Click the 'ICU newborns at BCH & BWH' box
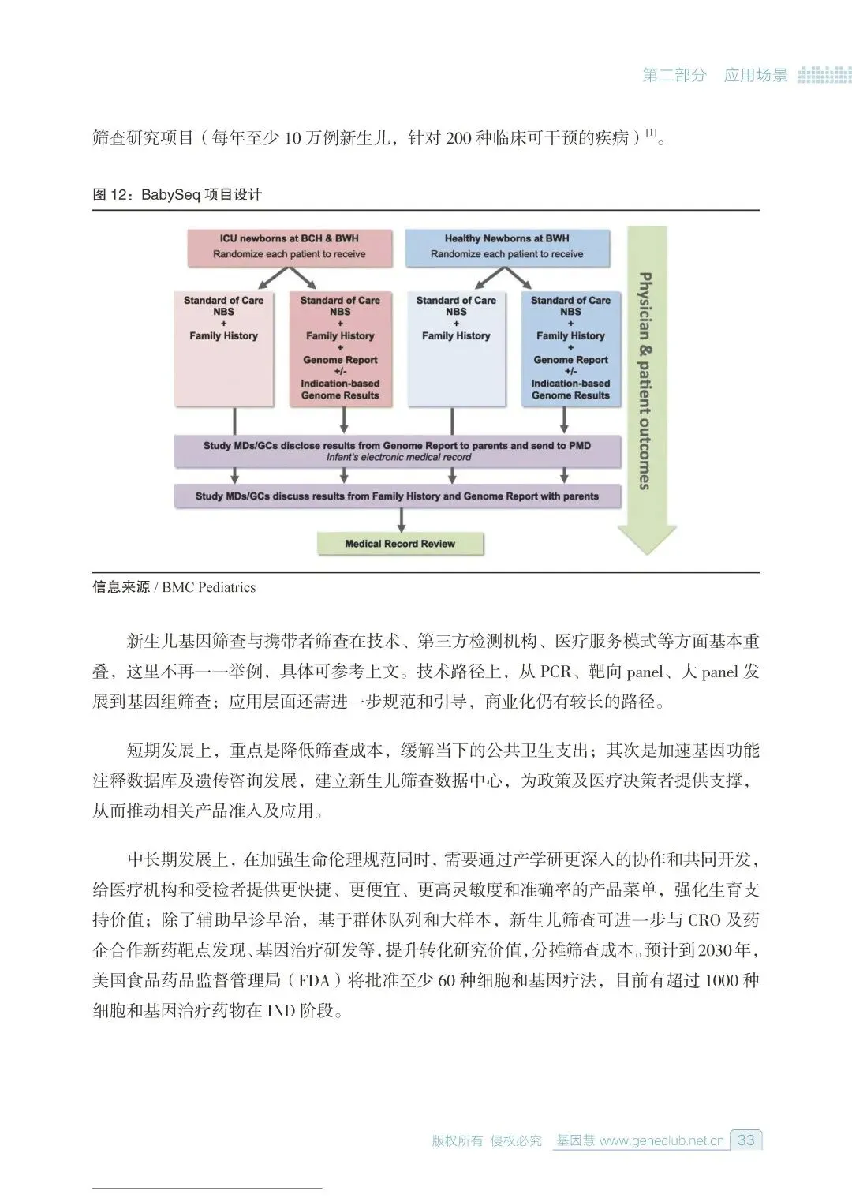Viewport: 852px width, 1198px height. [290, 246]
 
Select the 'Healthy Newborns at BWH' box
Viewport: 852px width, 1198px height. [507, 246]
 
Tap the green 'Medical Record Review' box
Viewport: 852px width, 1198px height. [400, 544]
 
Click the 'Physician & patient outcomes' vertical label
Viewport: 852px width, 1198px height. [645, 380]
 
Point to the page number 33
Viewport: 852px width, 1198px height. [745, 1140]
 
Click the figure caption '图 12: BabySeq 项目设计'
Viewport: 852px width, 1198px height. [177, 194]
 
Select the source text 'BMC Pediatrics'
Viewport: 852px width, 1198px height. [209, 587]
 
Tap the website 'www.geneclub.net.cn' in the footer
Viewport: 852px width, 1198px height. [661, 1140]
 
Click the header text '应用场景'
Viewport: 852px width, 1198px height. [756, 76]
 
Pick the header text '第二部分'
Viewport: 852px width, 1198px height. [674, 76]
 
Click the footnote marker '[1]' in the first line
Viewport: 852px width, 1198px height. [652, 133]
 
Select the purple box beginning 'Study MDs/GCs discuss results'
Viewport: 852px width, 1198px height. [398, 496]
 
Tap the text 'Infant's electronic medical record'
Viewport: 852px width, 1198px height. [399, 458]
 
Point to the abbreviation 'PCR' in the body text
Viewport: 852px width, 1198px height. [555, 672]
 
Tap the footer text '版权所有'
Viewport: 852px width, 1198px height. [457, 1140]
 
